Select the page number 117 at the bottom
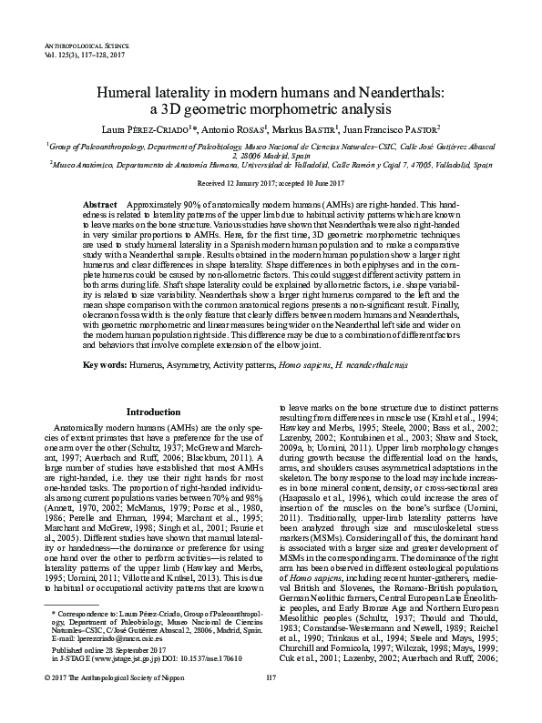[271, 704]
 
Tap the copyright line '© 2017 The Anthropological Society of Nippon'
[122, 704]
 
